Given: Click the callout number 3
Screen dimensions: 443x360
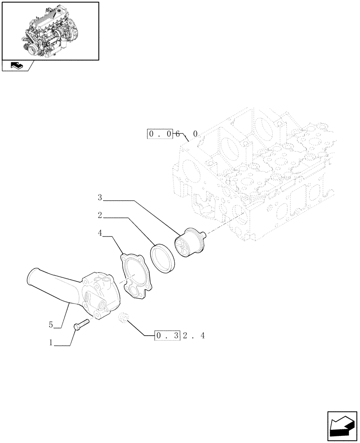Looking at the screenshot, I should (100, 197).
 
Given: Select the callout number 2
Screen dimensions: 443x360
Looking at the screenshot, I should (100, 216).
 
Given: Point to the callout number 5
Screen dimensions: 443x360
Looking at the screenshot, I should (51, 326).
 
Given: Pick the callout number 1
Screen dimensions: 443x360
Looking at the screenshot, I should (51, 342).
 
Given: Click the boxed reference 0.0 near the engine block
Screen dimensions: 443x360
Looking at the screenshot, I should (159, 134).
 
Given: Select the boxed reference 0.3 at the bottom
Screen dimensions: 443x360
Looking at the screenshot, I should (167, 336).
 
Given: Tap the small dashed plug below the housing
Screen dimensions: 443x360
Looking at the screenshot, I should (124, 318).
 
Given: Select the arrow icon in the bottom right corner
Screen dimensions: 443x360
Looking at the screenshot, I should (343, 426).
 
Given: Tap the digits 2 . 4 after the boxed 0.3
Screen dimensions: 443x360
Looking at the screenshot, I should (194, 336).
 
